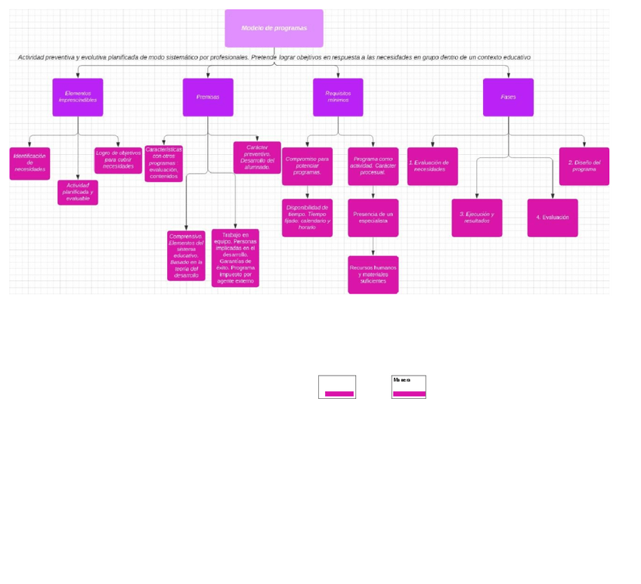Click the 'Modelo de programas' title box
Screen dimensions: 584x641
[x=274, y=28]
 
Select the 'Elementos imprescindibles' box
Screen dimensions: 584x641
[x=78, y=97]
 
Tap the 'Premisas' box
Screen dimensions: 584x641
[x=208, y=97]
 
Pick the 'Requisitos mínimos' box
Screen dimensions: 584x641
[x=338, y=97]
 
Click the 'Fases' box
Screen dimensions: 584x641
[x=508, y=97]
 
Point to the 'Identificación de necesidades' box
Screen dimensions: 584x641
[x=29, y=163]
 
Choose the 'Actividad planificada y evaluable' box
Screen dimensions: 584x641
[x=78, y=192]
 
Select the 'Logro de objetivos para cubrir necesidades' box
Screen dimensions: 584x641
[x=118, y=160]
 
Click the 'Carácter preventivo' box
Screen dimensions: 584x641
[x=257, y=157]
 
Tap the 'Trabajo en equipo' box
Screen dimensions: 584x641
[x=235, y=258]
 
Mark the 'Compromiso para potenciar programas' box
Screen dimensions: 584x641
[x=307, y=166]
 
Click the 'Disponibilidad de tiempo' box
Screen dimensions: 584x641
[x=307, y=218]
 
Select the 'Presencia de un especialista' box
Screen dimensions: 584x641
[x=373, y=218]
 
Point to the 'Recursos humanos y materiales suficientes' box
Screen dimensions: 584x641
[x=373, y=274]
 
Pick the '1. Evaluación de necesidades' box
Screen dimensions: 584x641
[x=432, y=166]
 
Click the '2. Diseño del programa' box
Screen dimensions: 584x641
[x=584, y=166]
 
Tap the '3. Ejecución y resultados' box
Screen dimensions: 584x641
[x=477, y=218]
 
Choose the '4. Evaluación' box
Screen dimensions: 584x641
[x=553, y=218]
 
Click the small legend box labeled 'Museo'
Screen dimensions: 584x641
[x=408, y=387]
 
